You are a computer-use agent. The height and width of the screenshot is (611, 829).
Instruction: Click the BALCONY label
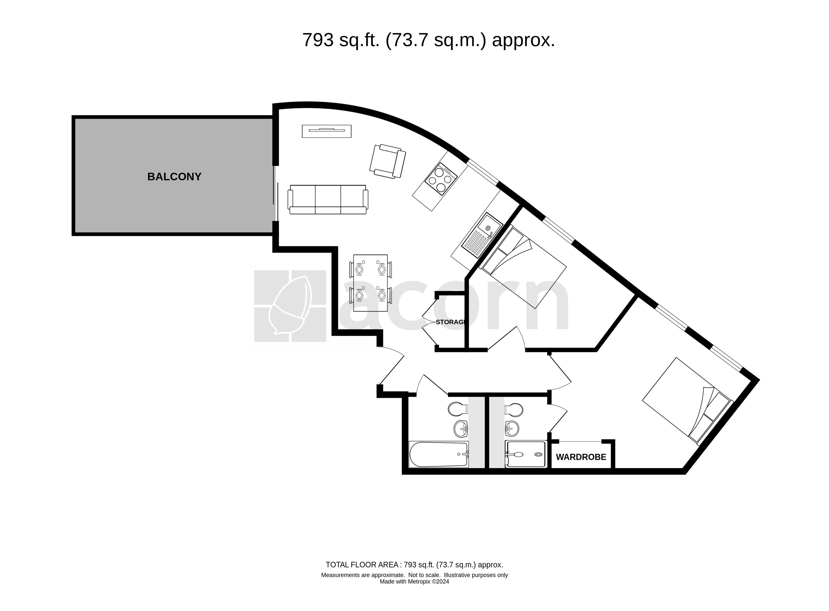(x=174, y=177)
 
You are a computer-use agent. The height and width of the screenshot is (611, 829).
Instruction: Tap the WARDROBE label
(x=581, y=457)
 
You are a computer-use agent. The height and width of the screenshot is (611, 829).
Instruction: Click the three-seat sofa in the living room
(x=328, y=200)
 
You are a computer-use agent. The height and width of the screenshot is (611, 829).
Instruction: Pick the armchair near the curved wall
(x=387, y=162)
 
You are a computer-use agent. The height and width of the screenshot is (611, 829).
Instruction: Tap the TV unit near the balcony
(x=327, y=131)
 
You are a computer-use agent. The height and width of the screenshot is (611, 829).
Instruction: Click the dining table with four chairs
(x=370, y=283)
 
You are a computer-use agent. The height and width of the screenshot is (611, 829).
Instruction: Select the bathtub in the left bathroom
(x=438, y=454)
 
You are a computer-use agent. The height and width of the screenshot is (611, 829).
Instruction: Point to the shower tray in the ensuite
(x=525, y=455)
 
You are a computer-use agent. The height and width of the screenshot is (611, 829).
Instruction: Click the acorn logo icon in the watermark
(x=290, y=306)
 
